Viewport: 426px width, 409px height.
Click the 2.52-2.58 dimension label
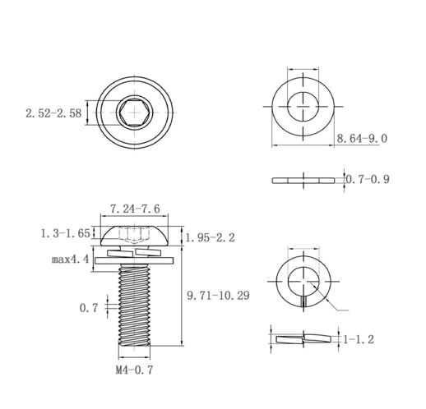53,113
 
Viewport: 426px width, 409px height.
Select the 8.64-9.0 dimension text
362,139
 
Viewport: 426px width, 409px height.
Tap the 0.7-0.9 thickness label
368,179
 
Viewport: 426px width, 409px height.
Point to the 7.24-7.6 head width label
135,209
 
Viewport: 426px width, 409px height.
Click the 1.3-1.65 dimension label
65,233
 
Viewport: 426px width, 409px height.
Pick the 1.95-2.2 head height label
211,237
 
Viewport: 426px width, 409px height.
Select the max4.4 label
71,259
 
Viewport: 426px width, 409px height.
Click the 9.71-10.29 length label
218,296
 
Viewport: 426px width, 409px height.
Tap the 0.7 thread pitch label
89,308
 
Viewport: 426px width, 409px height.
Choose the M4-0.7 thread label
134,370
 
